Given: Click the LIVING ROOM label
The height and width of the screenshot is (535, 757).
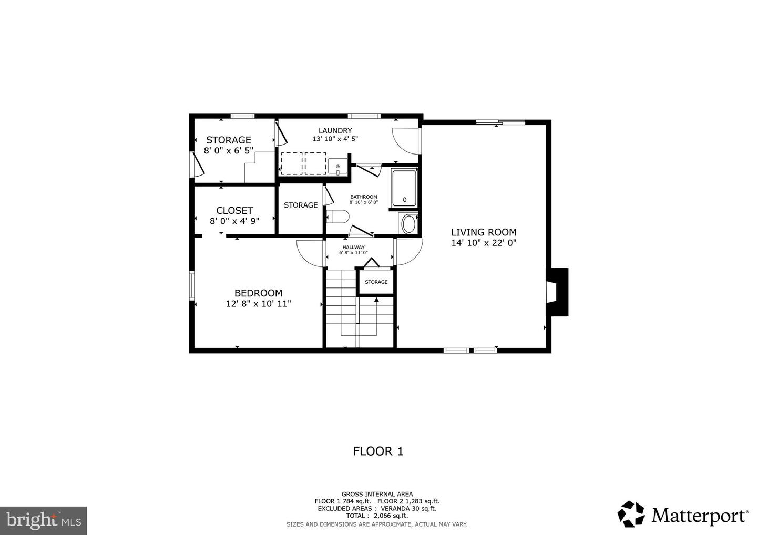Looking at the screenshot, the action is [484, 232].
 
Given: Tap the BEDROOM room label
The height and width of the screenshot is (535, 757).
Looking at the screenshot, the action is [258, 293].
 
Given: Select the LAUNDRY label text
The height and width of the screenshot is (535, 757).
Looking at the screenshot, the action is [335, 130].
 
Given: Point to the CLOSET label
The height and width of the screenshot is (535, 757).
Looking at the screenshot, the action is [234, 210].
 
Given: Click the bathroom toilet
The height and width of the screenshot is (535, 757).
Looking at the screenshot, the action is [337, 216].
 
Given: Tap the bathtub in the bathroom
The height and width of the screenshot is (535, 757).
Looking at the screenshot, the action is [404, 188].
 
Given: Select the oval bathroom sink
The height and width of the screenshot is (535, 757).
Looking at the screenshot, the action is [408, 224].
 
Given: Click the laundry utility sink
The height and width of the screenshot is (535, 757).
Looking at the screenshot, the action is [337, 166].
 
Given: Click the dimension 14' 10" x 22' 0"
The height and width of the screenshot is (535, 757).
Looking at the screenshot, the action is [484, 243].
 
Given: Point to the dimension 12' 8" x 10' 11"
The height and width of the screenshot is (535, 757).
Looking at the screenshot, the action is [259, 304].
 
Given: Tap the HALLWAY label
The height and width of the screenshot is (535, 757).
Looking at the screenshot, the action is [353, 247].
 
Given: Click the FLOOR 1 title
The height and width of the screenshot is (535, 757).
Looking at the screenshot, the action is [378, 451].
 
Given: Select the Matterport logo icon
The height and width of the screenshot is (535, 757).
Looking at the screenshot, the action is [631, 514].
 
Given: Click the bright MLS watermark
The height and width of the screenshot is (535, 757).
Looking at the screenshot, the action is [43, 520].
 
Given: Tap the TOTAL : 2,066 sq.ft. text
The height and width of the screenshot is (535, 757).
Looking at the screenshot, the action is [377, 516].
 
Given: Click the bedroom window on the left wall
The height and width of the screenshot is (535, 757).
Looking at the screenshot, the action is [192, 285].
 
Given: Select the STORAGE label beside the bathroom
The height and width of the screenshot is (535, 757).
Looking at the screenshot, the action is [301, 205].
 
